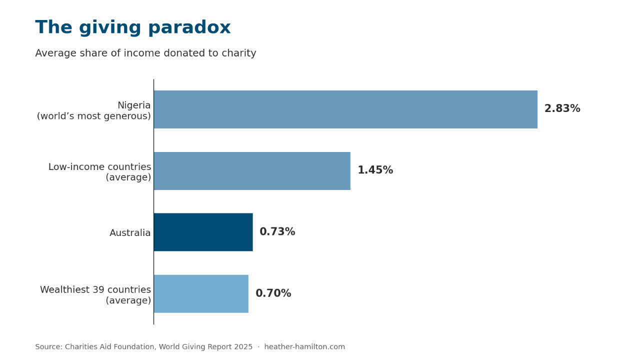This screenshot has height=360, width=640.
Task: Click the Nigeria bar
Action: tap(345, 109)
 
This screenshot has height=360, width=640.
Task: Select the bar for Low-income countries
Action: tap(252, 171)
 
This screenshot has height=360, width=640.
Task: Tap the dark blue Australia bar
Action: tap(203, 232)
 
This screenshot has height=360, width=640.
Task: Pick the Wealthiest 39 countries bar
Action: tap(201, 293)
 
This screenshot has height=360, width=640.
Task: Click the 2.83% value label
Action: tap(562, 108)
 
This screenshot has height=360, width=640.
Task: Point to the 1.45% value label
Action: tap(375, 170)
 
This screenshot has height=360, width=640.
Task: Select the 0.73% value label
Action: tap(277, 231)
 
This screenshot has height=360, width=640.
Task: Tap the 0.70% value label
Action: tap(273, 293)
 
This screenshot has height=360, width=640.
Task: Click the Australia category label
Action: tap(130, 233)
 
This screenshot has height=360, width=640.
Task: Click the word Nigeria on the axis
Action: tap(134, 105)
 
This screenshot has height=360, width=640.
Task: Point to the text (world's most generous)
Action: tap(93, 116)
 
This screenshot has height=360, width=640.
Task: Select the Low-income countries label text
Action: tap(99, 167)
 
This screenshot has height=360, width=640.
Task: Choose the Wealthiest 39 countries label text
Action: tap(95, 289)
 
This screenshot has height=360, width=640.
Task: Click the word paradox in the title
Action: tap(189, 27)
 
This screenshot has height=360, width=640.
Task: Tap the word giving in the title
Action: tap(110, 27)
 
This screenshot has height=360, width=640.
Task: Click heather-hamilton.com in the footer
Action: tap(304, 347)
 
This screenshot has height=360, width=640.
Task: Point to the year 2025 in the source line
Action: tap(243, 347)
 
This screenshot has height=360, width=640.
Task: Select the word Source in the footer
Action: tap(48, 347)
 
